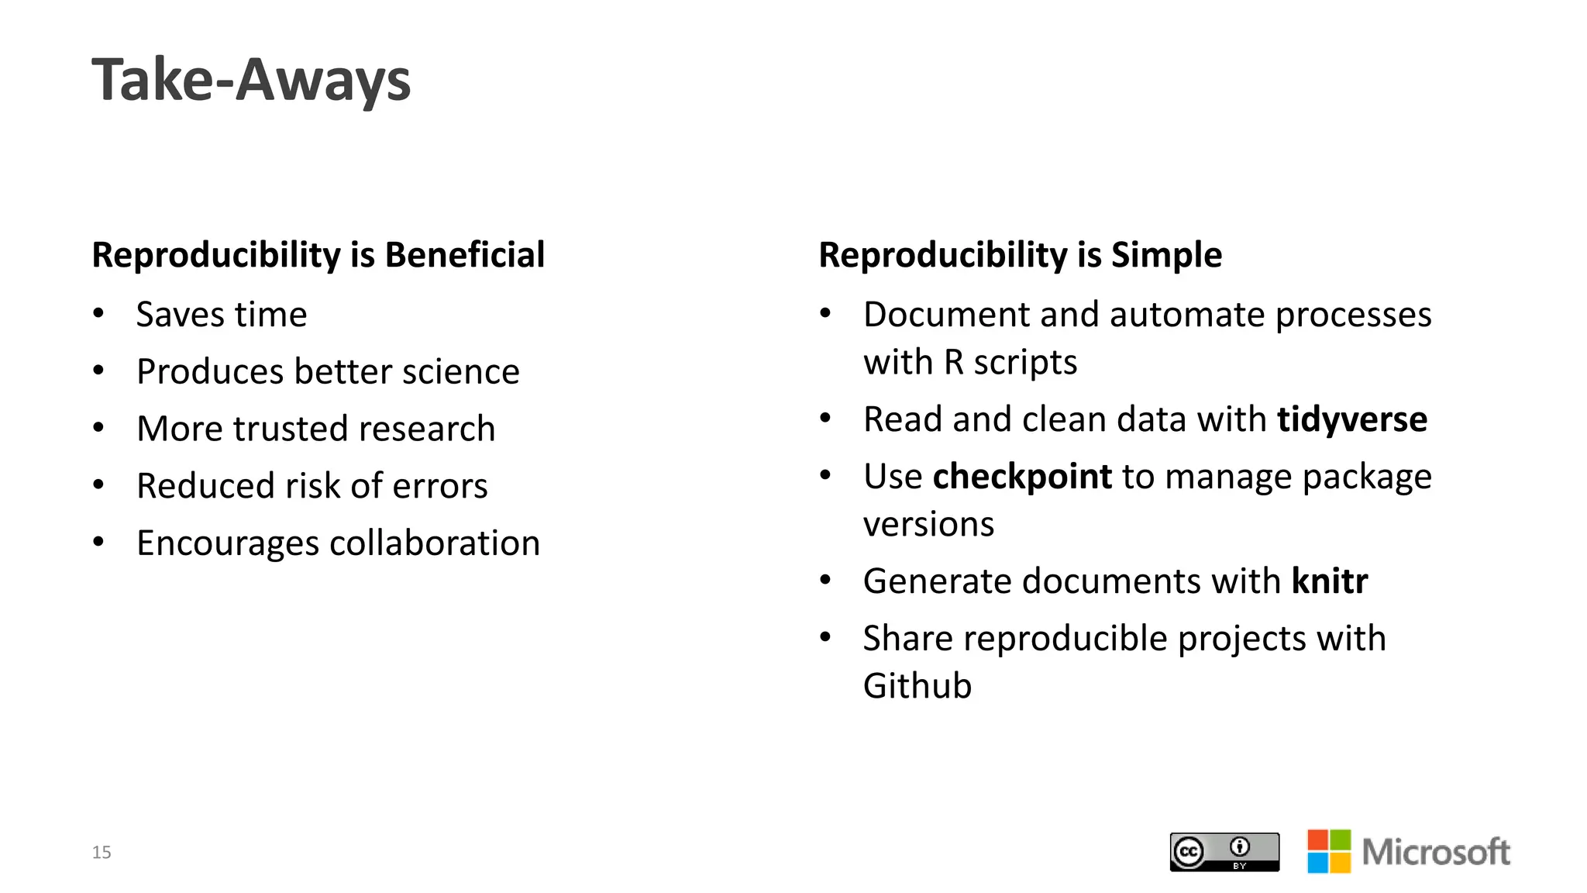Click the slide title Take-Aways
(251, 80)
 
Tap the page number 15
(102, 853)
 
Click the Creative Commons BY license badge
(1224, 852)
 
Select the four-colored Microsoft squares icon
(1329, 851)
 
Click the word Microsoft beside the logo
(1436, 852)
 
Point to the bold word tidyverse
(1352, 419)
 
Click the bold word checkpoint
(1022, 477)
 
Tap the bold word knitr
(1330, 581)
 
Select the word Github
(917, 686)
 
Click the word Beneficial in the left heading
(465, 255)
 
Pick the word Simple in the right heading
(1166, 255)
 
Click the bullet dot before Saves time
(98, 313)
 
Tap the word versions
(928, 525)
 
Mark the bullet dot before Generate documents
(825, 580)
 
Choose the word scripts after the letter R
(1025, 363)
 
